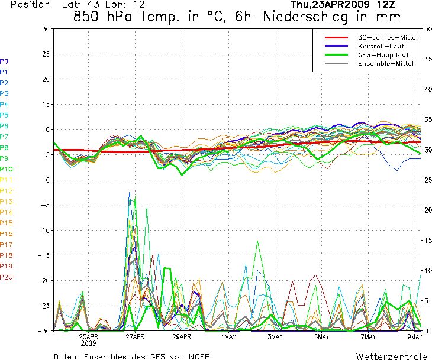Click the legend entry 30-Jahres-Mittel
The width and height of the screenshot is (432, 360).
tap(388, 37)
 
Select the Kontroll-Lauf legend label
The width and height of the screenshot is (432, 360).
tap(379, 46)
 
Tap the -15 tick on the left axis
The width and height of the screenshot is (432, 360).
tap(44, 255)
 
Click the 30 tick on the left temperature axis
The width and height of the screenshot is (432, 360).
tap(46, 28)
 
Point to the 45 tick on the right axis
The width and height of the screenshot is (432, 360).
tap(427, 59)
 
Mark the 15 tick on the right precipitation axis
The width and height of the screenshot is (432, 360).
tap(427, 240)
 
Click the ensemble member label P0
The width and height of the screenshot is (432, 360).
tap(5, 61)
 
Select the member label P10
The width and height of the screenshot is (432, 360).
tap(7, 169)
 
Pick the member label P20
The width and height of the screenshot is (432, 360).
tap(7, 277)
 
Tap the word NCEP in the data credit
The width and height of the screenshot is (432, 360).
tap(197, 356)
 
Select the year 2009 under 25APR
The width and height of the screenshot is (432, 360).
tap(89, 343)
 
